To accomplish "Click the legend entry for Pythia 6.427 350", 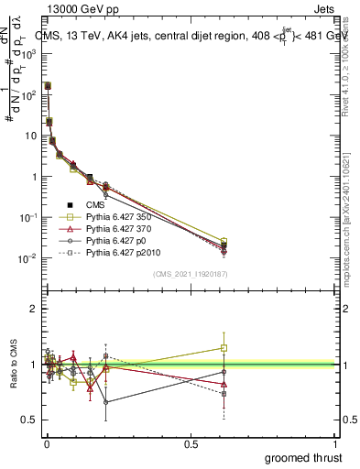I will (x=118, y=215).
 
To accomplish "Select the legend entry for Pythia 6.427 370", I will (x=118, y=227).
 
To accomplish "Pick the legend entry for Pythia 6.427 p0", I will (x=115, y=239).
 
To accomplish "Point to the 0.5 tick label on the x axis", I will (x=191, y=444).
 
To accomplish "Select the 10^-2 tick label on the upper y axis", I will (x=27, y=258).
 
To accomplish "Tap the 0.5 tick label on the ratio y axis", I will (x=29, y=420).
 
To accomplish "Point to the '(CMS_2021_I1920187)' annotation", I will (x=190, y=273).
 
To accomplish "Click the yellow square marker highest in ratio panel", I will (x=224, y=348).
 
